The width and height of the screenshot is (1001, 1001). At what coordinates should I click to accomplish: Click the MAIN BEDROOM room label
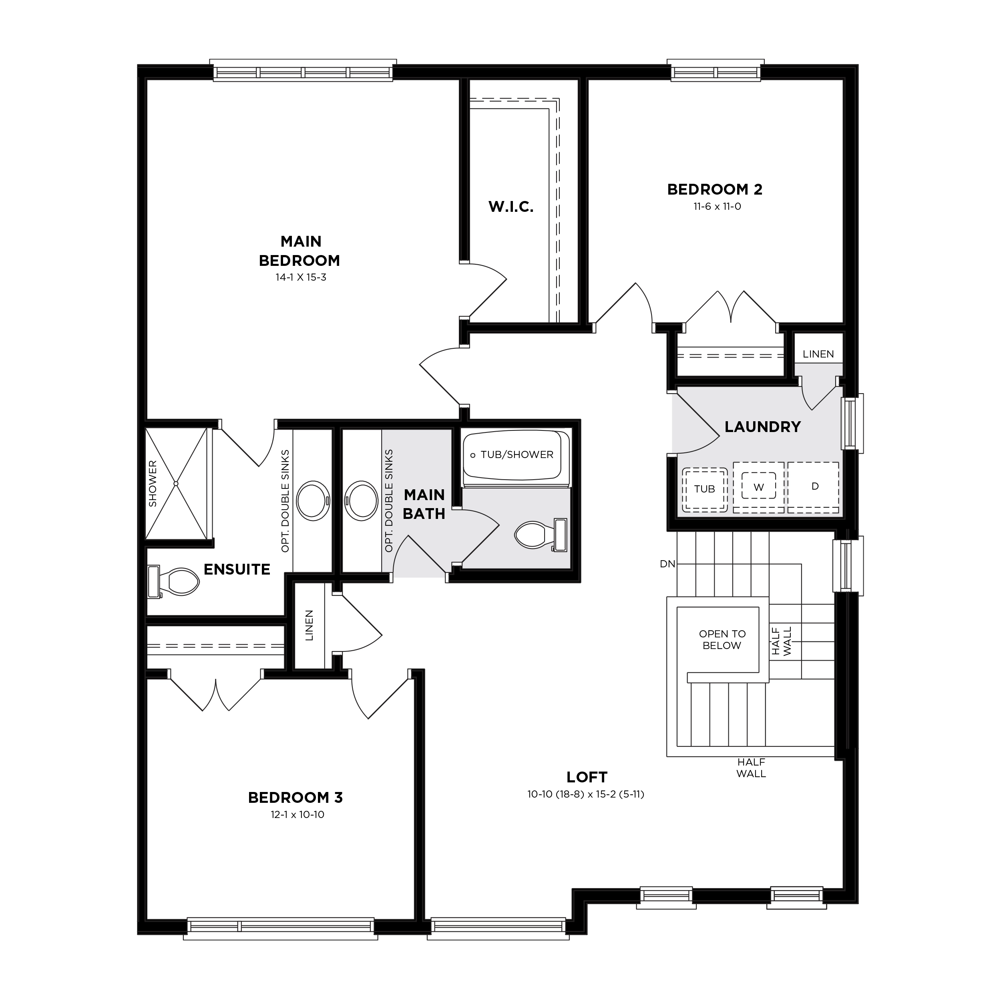point(300,251)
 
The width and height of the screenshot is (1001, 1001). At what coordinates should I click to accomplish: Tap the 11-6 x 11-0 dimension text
point(718,207)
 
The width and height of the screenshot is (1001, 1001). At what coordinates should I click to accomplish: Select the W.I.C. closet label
point(511,207)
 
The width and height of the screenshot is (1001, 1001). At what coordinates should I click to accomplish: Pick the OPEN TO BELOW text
point(722,639)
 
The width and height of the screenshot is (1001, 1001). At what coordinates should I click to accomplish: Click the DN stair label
point(667,564)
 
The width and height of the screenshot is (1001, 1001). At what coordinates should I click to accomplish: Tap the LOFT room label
point(587,777)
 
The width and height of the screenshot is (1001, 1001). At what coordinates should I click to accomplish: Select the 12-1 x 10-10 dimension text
point(297,815)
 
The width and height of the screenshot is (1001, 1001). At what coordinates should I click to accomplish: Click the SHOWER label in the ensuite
point(153,483)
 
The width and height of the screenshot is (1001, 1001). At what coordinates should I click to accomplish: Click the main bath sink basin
point(362,501)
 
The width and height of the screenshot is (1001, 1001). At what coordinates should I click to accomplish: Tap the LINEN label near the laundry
point(818,354)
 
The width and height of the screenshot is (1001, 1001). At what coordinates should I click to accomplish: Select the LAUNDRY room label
point(763,427)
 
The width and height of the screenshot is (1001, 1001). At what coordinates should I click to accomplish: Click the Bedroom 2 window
point(716,72)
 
